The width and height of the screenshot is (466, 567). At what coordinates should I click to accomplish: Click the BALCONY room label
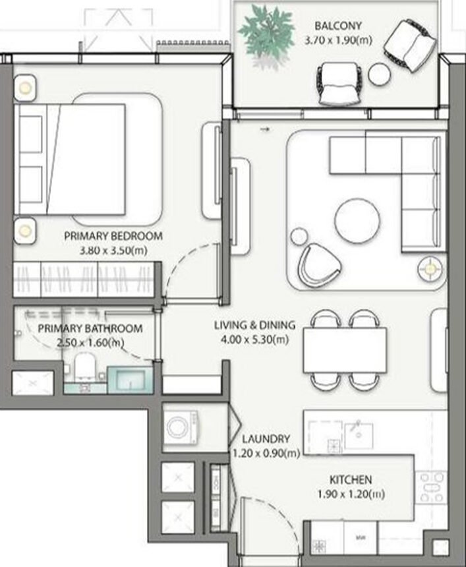pyautogui.click(x=338, y=26)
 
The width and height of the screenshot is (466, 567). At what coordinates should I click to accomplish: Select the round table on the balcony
pyautogui.click(x=380, y=73)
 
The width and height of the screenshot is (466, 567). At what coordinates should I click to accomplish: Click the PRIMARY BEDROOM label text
pyautogui.click(x=113, y=236)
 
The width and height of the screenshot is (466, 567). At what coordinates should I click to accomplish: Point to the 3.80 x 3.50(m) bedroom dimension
pyautogui.click(x=113, y=251)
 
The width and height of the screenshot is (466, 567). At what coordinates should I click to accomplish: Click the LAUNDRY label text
pyautogui.click(x=265, y=439)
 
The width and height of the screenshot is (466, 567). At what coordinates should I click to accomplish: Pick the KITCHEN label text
pyautogui.click(x=351, y=480)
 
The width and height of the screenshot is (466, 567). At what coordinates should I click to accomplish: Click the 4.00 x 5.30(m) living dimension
pyautogui.click(x=254, y=340)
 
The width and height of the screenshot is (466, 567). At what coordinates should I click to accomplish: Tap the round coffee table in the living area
pyautogui.click(x=357, y=221)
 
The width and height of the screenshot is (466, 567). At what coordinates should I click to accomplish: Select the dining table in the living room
pyautogui.click(x=345, y=349)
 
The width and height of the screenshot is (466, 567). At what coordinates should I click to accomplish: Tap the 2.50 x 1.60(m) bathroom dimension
pyautogui.click(x=90, y=342)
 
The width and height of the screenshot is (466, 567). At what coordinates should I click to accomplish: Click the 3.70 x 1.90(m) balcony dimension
pyautogui.click(x=338, y=40)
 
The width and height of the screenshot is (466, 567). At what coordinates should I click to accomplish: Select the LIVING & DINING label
pyautogui.click(x=254, y=325)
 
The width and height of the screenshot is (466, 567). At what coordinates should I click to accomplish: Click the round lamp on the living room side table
pyautogui.click(x=430, y=268)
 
